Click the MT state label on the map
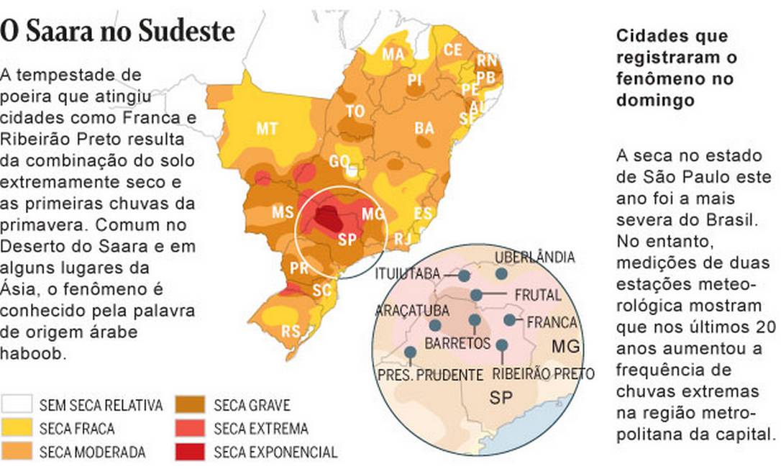tap(268, 129)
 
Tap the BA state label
tap(424, 129)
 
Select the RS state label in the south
tap(291, 332)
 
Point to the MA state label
tap(393, 55)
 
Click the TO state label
tap(355, 111)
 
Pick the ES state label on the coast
tap(424, 214)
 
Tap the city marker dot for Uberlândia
tap(501, 273)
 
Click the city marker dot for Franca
tap(509, 319)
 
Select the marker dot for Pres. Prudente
tap(410, 352)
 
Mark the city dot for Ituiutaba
tap(465, 275)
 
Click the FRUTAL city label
tap(538, 296)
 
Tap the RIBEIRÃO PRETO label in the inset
tap(544, 374)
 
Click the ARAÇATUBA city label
tap(412, 311)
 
